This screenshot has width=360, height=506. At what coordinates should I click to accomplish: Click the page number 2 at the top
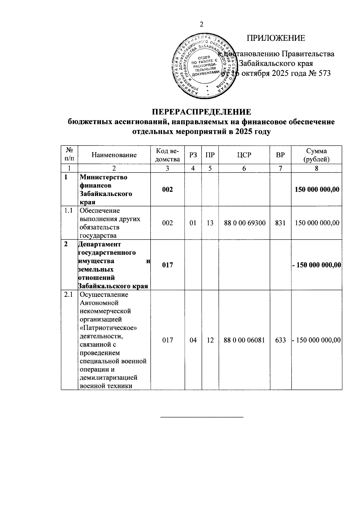(201, 24)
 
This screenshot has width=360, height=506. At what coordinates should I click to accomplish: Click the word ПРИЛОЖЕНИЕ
(276, 38)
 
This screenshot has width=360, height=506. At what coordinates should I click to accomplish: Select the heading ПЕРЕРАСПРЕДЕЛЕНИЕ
(201, 112)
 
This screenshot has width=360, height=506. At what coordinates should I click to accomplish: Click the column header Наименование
(114, 155)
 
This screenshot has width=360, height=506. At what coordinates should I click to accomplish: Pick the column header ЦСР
(244, 155)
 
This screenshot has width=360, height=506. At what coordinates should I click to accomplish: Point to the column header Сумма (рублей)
(316, 155)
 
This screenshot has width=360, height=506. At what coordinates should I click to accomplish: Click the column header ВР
(280, 155)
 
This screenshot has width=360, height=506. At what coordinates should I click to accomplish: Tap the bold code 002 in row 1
(167, 189)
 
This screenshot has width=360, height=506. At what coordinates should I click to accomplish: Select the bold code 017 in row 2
(167, 265)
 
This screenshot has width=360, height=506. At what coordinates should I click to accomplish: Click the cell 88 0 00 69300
(245, 223)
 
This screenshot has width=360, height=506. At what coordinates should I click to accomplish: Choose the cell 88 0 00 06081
(245, 340)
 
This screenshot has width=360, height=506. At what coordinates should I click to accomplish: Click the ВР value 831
(280, 223)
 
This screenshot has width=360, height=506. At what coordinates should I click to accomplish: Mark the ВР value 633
(280, 340)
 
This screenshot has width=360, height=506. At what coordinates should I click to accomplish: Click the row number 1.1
(69, 211)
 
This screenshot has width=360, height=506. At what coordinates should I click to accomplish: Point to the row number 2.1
(69, 295)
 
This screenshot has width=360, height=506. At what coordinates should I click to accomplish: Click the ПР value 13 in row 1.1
(210, 223)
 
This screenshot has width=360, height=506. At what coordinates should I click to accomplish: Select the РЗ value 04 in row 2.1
(193, 340)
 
